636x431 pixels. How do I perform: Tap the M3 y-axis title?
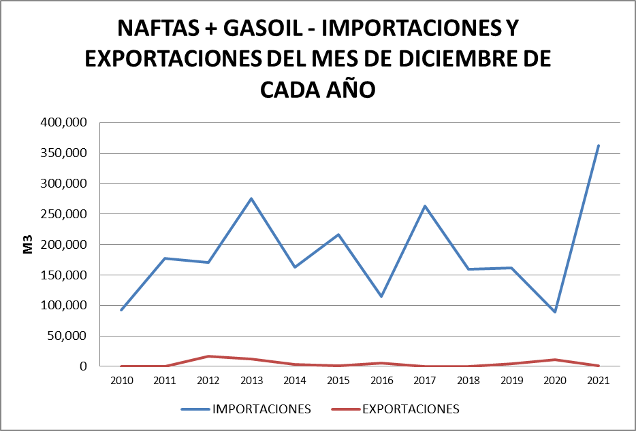coord(28,244)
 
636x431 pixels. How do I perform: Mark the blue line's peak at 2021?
coord(598,145)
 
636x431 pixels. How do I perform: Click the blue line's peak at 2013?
coord(251,199)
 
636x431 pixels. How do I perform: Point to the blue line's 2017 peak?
coord(425,206)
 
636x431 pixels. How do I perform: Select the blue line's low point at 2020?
coord(555,312)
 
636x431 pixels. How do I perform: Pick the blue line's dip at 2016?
coord(381,296)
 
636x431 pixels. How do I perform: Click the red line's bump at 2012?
coord(208,356)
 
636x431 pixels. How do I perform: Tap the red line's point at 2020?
coord(555,360)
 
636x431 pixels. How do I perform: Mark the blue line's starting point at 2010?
coord(121,310)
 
